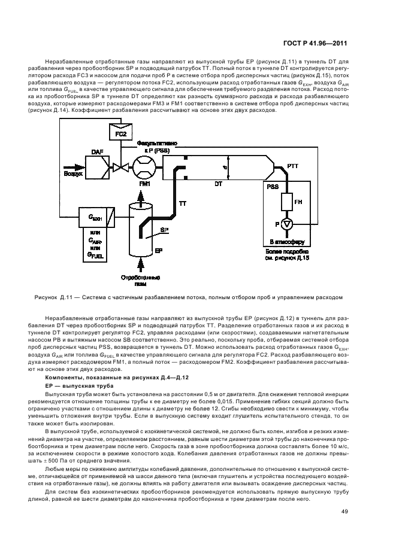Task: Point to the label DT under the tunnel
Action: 218,185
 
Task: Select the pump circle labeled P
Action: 287,224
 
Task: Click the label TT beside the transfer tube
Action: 183,204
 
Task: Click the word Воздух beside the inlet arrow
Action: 74,174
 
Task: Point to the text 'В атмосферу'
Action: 287,239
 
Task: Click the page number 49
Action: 344,511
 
